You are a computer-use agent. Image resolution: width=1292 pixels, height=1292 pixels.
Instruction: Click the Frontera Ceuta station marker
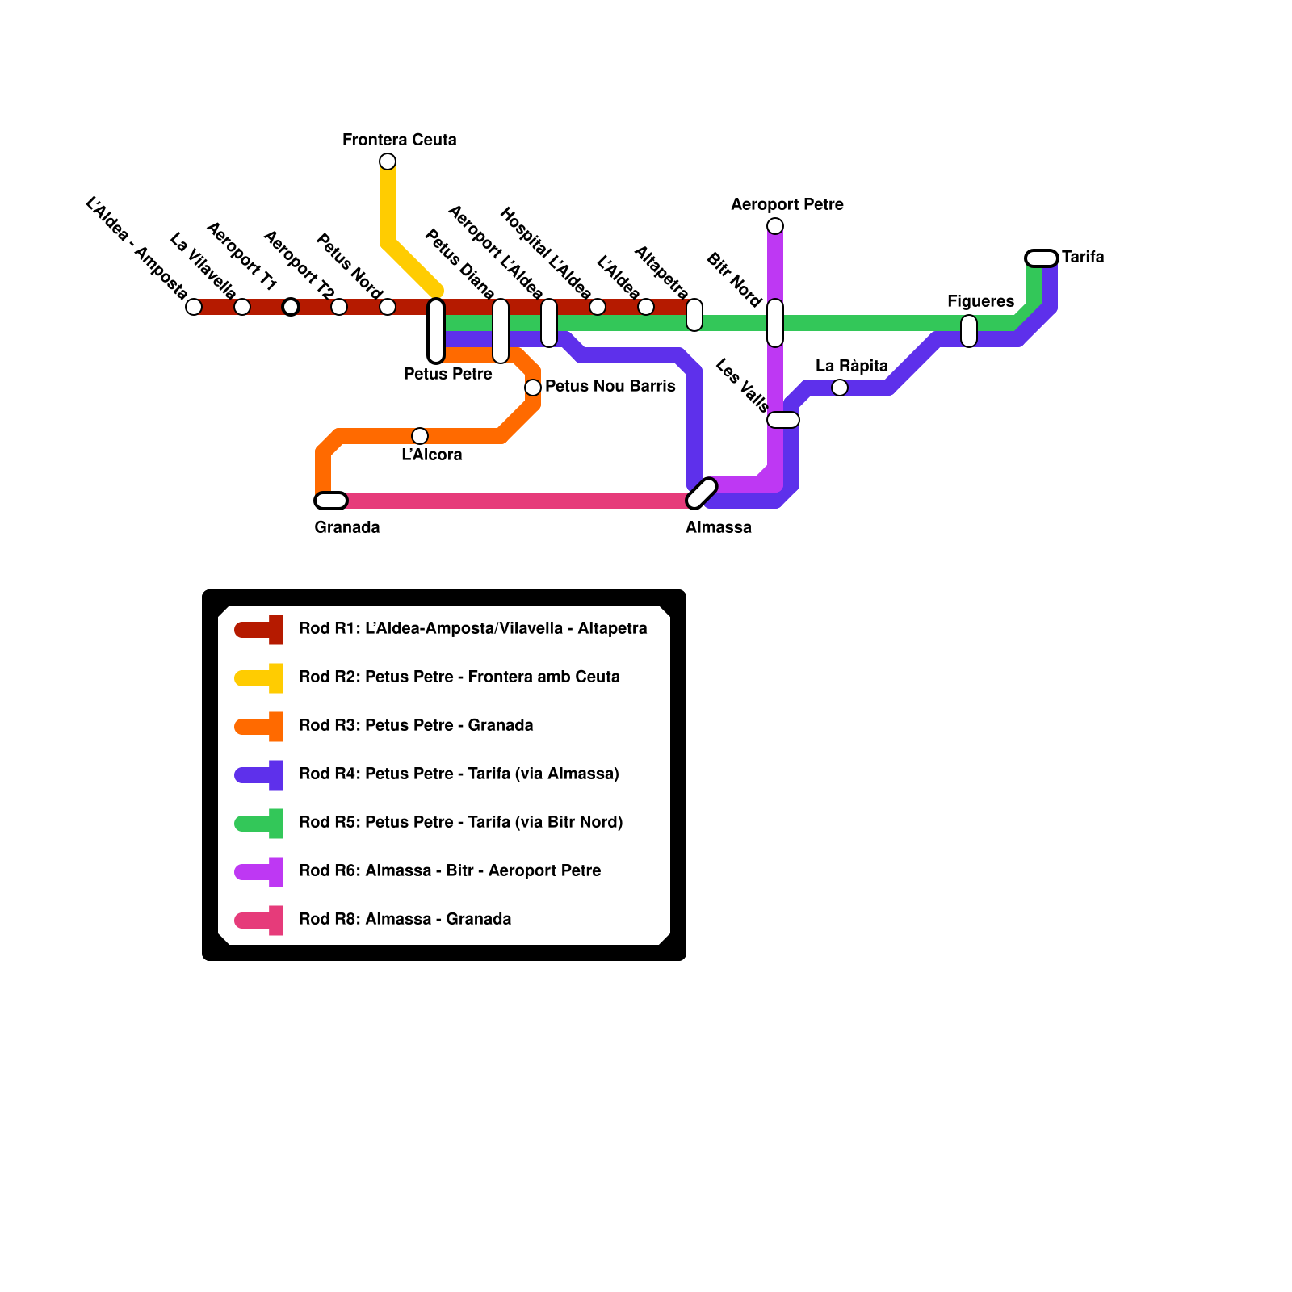click(x=388, y=161)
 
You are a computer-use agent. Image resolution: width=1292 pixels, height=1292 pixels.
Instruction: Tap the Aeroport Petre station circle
click(x=775, y=226)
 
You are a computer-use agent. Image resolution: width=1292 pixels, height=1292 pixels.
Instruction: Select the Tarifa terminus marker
click(x=1042, y=258)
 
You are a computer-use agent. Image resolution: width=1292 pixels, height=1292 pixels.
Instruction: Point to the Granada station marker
click(x=331, y=501)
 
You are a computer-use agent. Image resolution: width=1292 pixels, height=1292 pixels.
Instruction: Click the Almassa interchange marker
click(x=702, y=493)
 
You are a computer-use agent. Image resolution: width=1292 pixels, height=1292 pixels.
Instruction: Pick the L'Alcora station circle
click(x=420, y=436)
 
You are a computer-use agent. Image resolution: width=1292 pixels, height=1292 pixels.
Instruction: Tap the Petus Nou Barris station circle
click(x=533, y=388)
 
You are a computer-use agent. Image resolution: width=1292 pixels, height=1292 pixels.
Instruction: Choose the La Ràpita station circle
click(x=840, y=388)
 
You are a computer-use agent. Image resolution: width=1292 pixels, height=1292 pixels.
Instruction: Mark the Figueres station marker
click(x=969, y=331)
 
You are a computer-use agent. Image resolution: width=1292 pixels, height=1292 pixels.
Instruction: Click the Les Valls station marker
click(x=783, y=420)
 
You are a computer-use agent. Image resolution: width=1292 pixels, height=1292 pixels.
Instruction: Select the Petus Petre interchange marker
click(x=436, y=331)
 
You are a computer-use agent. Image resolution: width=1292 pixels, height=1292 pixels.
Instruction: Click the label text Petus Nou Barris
click(x=610, y=386)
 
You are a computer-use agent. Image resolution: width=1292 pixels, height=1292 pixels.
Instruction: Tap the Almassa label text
click(x=718, y=527)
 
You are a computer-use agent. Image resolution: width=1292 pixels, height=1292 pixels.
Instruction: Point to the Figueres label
click(x=980, y=301)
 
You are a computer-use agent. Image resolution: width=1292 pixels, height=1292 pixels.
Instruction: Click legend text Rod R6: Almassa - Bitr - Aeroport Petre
click(x=450, y=870)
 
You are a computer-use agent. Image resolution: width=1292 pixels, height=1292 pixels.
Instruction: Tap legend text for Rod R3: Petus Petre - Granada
click(x=416, y=725)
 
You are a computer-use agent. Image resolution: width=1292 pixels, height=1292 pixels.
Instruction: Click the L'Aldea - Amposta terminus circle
click(x=194, y=307)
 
